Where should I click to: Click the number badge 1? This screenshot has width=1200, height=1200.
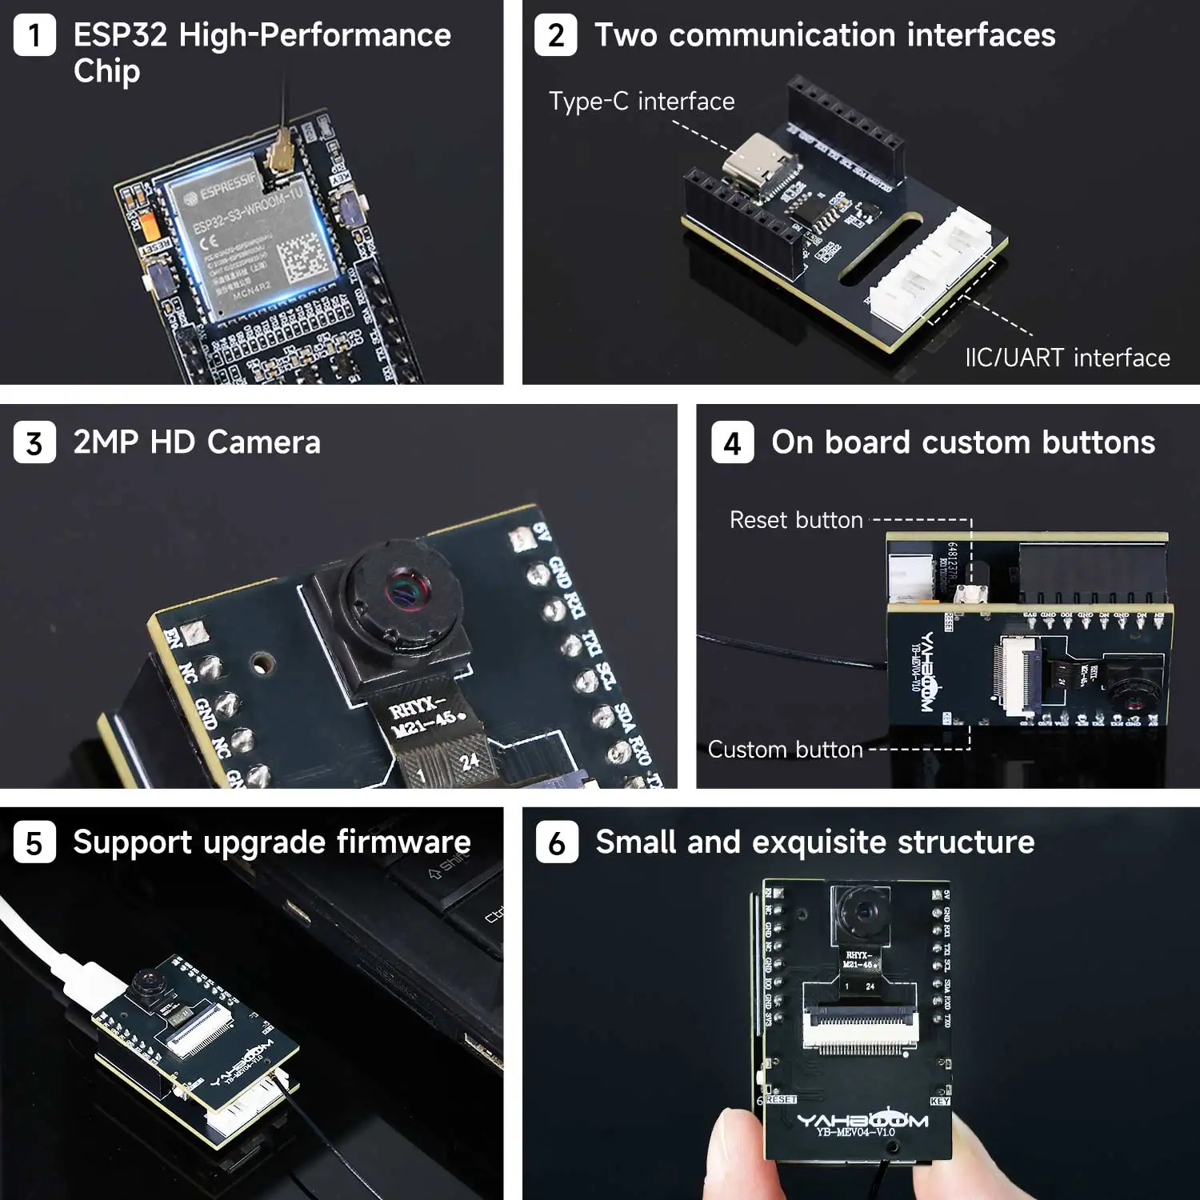coord(34,36)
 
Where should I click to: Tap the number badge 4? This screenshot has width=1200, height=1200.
coord(732,442)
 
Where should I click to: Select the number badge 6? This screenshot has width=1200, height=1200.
coord(557,842)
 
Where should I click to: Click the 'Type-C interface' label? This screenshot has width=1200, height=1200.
coord(642,102)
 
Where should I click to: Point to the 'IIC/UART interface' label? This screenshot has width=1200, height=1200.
coord(1067,358)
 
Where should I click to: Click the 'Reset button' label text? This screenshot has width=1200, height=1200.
coord(796,520)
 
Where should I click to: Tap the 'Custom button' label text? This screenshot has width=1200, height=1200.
coord(785,750)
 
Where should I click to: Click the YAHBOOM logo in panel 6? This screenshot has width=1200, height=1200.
coord(862,1120)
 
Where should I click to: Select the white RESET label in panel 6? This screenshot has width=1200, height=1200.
coord(781,1099)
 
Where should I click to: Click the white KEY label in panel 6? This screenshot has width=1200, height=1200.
coord(940,1102)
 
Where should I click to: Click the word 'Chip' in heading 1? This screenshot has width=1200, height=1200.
coord(106,71)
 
